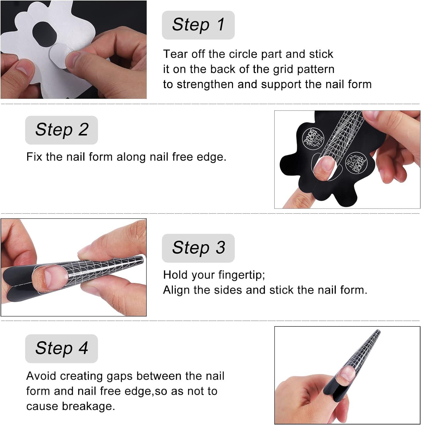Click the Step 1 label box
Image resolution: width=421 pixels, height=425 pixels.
coord(198,25)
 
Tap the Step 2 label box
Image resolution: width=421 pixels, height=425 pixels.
coord(61,130)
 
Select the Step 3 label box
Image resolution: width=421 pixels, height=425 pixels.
coord(198,248)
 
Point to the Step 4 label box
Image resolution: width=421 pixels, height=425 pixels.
coord(61,348)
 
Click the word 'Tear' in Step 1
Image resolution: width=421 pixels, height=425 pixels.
coord(175,54)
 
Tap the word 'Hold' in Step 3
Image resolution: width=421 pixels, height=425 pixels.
coord(175,275)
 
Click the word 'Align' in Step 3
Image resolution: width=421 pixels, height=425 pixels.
coord(176,290)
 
